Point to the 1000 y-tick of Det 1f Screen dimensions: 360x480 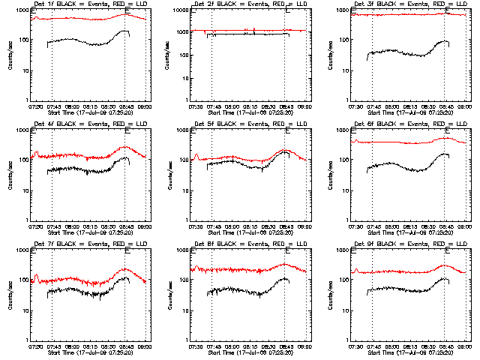point(22,11)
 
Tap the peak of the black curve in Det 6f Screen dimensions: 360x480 point(445,154)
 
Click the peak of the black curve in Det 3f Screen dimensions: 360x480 point(445,41)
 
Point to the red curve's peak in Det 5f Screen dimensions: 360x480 point(286,150)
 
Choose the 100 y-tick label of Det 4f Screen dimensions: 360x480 point(23,160)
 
